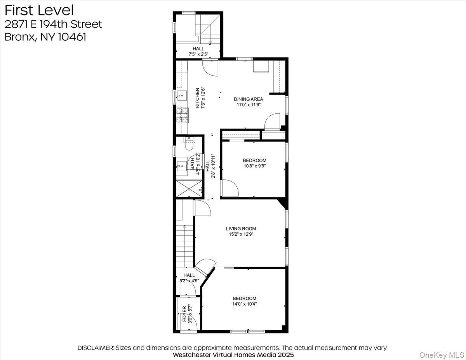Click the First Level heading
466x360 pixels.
tap(39, 10)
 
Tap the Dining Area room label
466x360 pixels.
tap(248, 99)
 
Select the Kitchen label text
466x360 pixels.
tap(197, 97)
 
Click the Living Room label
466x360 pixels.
tap(241, 229)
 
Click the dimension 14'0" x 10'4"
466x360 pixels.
tap(244, 304)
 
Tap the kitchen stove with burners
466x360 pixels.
tap(182, 115)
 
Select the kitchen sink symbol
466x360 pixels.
tap(182, 96)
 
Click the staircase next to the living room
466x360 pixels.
tap(185, 245)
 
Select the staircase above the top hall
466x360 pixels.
tap(210, 29)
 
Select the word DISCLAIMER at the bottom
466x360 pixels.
tap(96, 348)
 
